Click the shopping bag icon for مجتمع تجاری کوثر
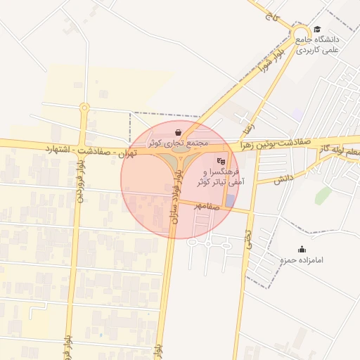point(178,132)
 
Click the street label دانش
point(283,179)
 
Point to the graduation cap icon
point(317,30)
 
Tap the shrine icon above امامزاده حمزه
point(302,249)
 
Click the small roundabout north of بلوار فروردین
point(84,108)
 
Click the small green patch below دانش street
point(323,195)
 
